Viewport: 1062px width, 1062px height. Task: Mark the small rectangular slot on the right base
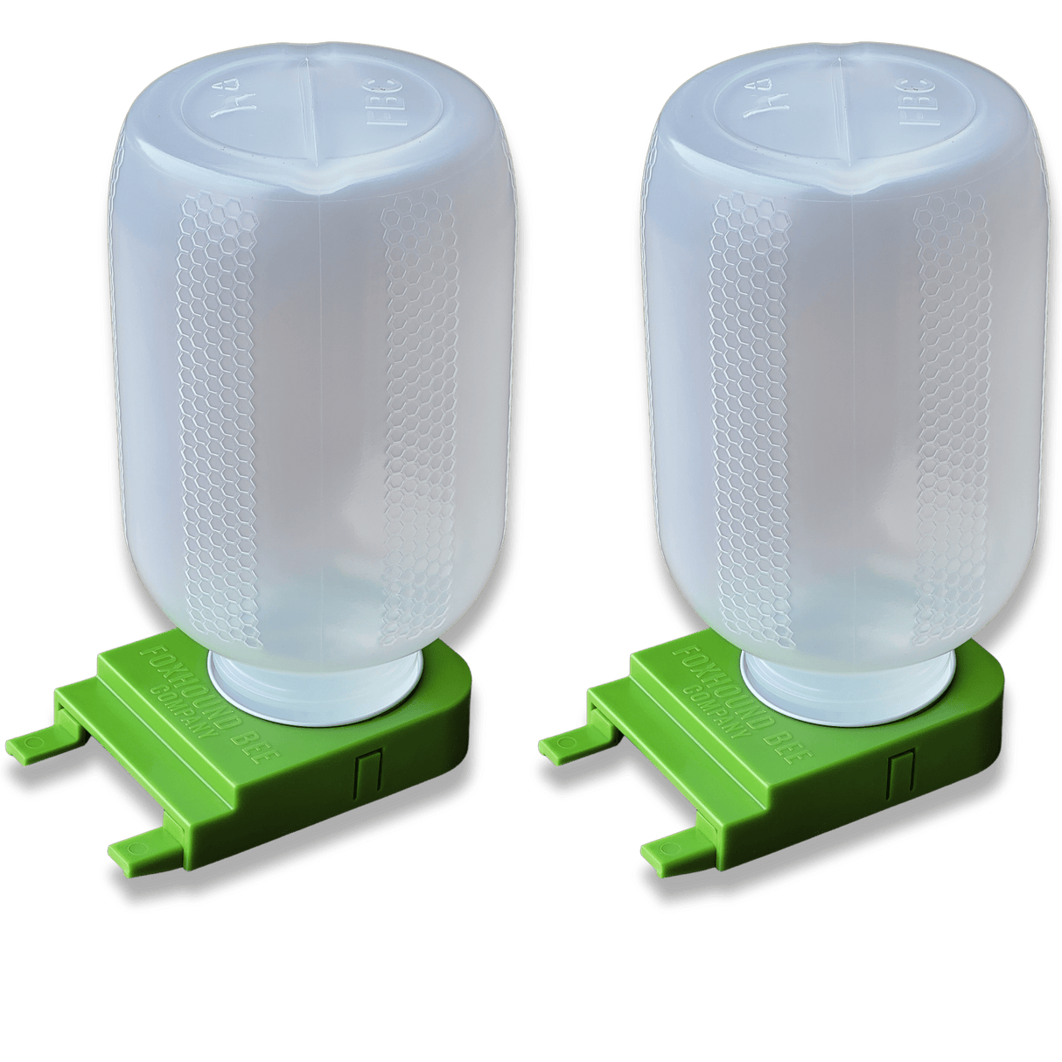(x=897, y=773)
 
